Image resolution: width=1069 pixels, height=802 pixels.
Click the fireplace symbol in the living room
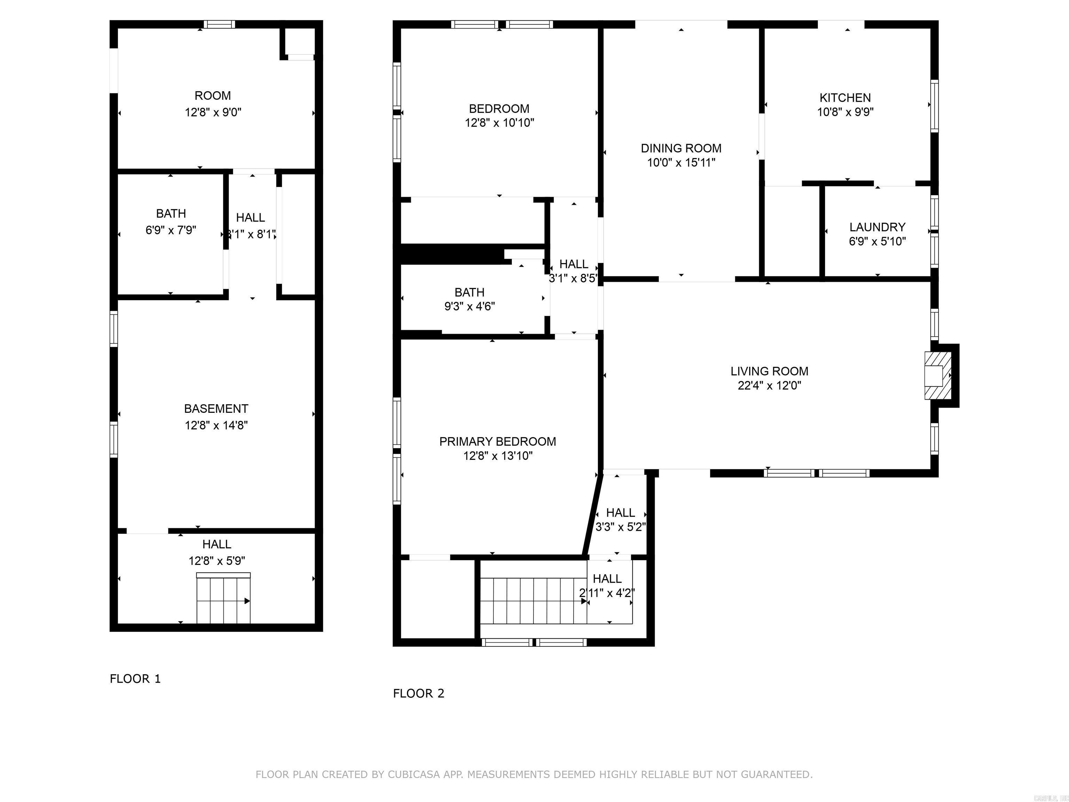tap(937, 376)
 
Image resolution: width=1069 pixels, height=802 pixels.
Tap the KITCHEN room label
tap(845, 98)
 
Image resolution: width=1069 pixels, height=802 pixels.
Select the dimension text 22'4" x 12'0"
tap(769, 385)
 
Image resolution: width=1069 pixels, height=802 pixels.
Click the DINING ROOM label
tap(681, 148)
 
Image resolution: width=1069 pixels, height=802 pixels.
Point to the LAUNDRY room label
tap(877, 227)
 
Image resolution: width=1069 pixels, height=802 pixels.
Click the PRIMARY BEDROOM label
tap(497, 441)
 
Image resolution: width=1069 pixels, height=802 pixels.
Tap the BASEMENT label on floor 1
tap(216, 409)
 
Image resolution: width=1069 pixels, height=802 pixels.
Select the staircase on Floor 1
tap(223, 599)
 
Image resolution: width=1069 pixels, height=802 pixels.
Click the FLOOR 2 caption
tap(419, 693)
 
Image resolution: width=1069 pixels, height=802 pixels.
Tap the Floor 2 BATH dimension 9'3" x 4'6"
tap(469, 306)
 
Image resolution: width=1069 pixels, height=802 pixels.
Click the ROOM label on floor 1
tap(213, 96)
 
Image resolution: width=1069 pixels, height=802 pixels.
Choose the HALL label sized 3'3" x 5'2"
tap(620, 512)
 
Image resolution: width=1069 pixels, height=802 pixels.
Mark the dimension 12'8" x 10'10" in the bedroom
tap(499, 123)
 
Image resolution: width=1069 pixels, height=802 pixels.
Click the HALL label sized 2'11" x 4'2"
tap(607, 579)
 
